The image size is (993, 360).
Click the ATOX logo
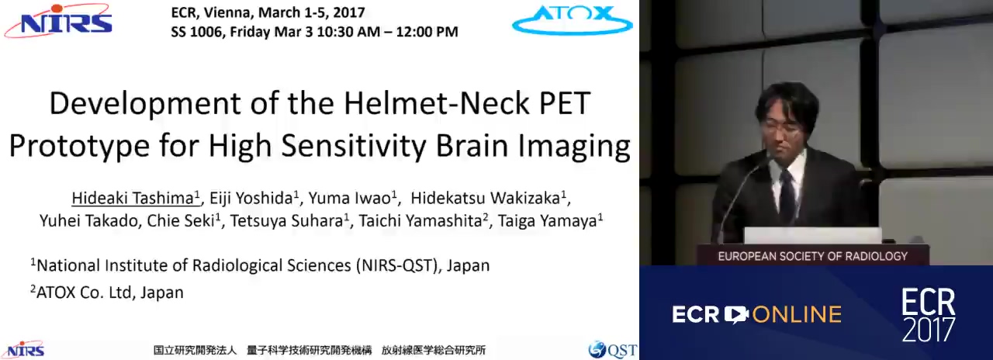coord(573,19)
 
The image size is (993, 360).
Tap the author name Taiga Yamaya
coord(548,221)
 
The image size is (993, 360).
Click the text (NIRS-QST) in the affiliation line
coord(398,265)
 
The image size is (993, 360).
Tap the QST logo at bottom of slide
coord(613,350)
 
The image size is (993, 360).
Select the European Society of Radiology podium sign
coord(812,256)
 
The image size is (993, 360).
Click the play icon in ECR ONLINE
coord(736,314)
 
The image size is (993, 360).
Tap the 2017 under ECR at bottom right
coord(929,330)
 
